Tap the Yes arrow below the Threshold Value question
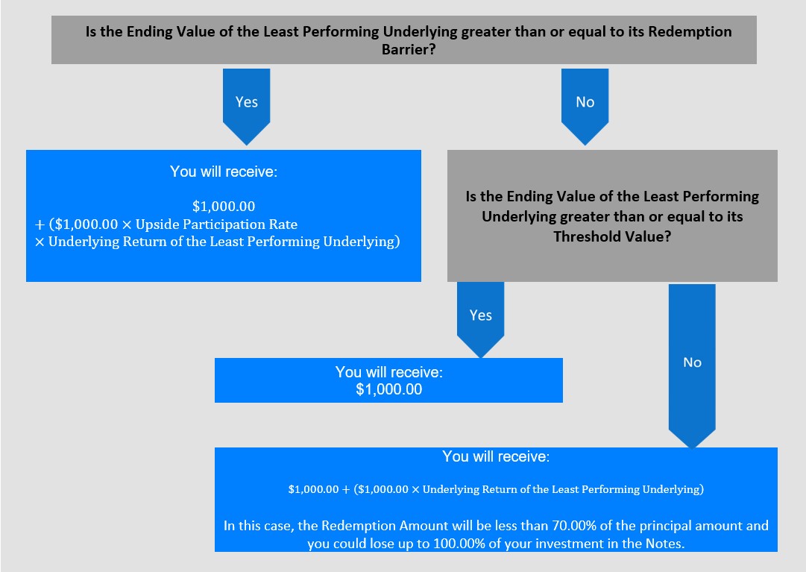(481, 319)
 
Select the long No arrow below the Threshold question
(692, 366)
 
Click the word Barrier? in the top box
(409, 49)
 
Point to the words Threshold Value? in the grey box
(612, 236)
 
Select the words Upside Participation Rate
(216, 224)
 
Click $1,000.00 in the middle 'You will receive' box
(388, 389)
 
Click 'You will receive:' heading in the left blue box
(224, 171)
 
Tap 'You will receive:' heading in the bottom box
(496, 456)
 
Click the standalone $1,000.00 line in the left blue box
(224, 206)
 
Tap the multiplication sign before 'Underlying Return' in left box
(40, 242)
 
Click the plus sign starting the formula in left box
(40, 224)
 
